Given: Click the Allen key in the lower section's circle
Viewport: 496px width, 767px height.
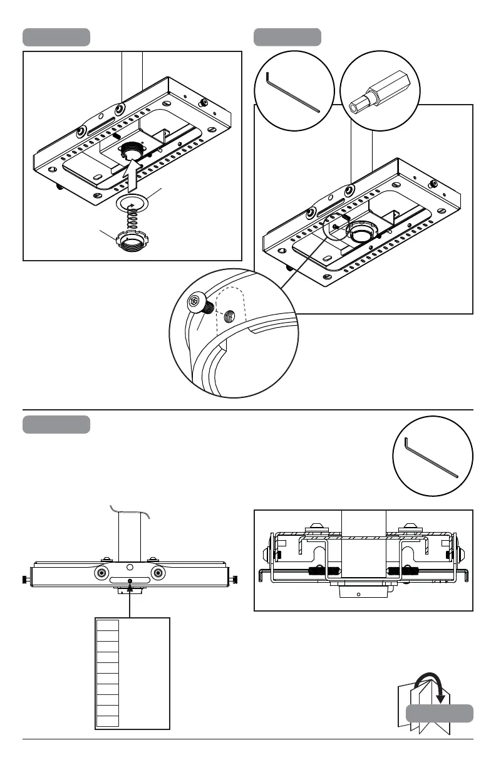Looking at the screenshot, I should tap(431, 457).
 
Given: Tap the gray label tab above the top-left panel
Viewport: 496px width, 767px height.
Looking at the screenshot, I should tap(56, 37).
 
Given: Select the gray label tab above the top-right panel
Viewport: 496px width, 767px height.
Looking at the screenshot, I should tap(287, 37).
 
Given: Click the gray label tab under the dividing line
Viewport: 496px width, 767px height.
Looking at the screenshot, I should tap(56, 424).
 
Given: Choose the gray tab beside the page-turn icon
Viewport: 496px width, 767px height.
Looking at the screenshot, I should tap(439, 713).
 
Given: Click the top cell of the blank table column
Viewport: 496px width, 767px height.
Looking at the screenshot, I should tap(108, 624).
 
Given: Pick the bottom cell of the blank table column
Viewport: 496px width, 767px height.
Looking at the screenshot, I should tap(108, 721).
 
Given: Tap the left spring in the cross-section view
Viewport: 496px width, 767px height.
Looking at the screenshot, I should tap(324, 571).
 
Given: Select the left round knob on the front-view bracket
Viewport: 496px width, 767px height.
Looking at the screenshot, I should tap(101, 573).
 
